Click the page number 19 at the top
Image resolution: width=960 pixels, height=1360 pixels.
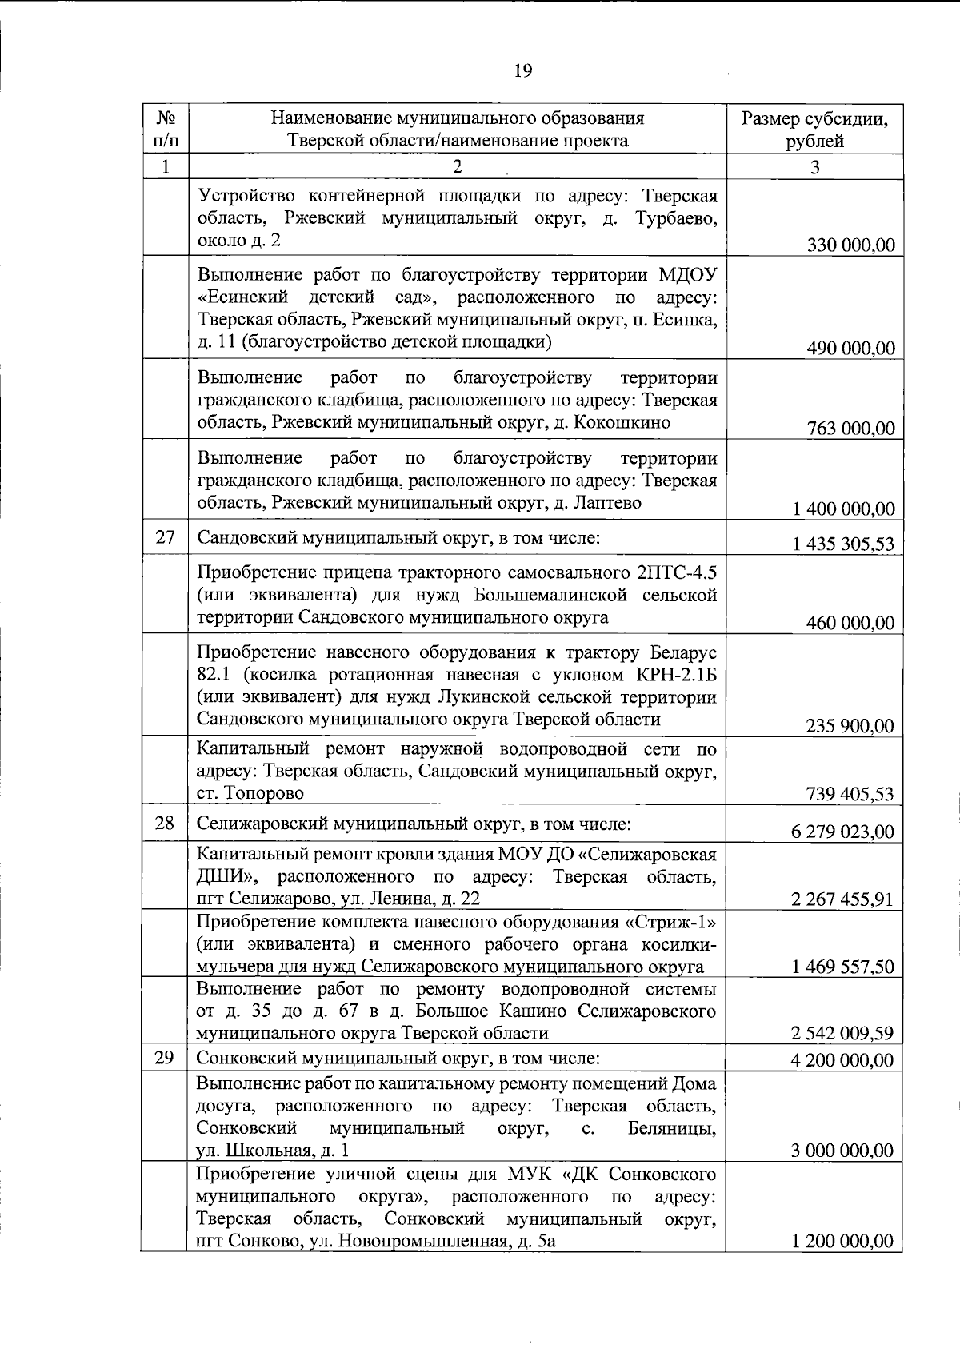tap(522, 70)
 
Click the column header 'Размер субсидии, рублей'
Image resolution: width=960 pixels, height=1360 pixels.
tap(814, 130)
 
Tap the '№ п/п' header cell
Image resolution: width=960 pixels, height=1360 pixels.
tap(165, 130)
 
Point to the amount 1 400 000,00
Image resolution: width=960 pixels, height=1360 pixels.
tap(844, 509)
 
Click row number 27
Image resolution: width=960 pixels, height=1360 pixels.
tap(165, 536)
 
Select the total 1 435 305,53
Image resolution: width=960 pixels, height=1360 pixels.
tap(844, 544)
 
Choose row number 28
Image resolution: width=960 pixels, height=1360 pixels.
tap(165, 822)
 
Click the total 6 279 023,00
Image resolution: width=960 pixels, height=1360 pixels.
tap(843, 832)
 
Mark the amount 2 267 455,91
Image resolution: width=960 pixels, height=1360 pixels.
tap(842, 899)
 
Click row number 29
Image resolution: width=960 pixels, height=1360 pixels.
tap(164, 1057)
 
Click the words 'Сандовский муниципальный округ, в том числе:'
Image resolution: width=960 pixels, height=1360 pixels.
tap(398, 537)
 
